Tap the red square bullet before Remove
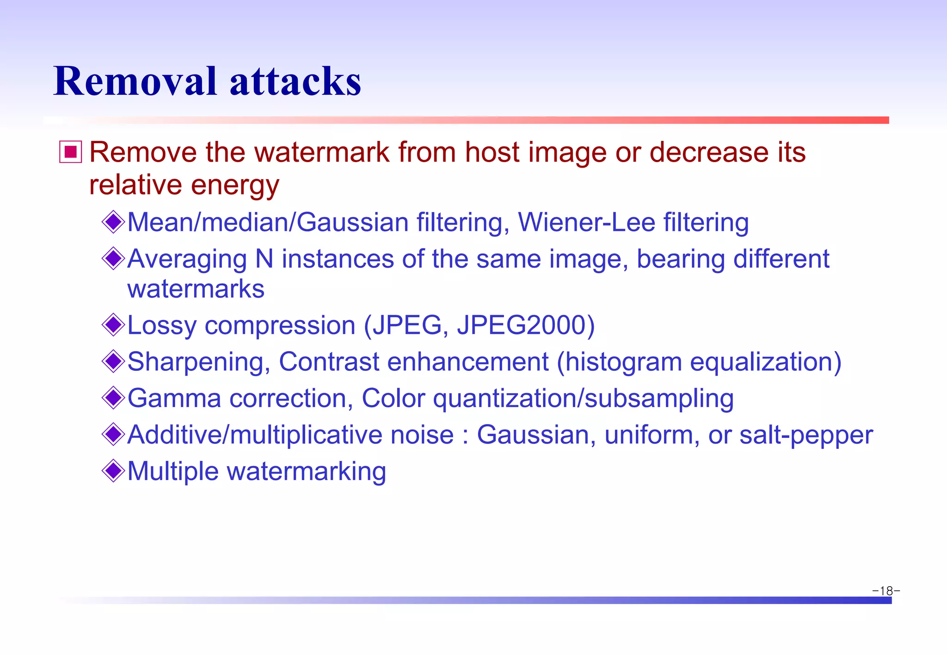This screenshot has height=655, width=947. pos(71,152)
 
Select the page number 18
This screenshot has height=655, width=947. pos(886,591)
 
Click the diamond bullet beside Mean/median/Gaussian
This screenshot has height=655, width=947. pos(113,222)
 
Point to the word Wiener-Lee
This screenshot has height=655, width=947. pos(586,222)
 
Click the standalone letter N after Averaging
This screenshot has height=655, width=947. pos(264,259)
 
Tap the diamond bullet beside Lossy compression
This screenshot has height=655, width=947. pos(113,325)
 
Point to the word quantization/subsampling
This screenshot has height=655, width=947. pos(583,398)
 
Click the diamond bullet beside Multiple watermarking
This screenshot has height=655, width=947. pos(113,471)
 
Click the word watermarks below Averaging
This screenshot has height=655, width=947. pos(196,289)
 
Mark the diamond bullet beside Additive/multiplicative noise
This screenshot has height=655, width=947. pos(113,434)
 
